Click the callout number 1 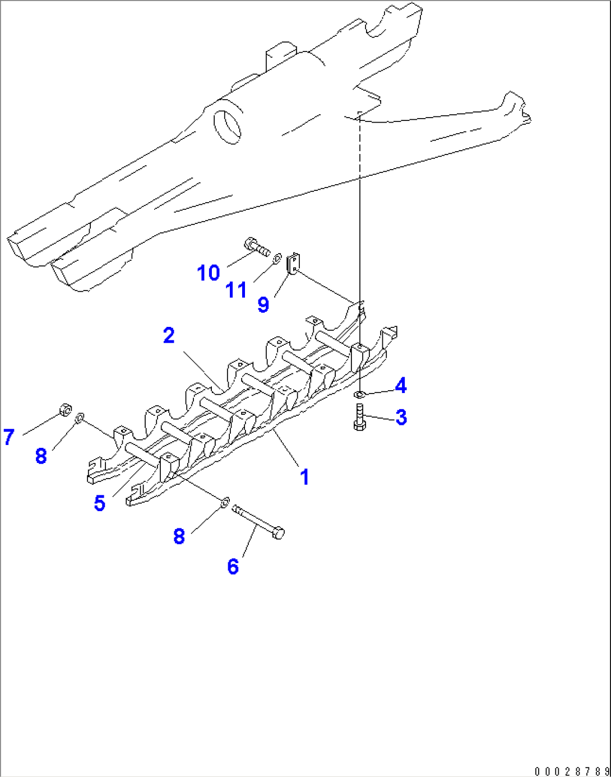click(x=304, y=478)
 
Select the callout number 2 click(x=169, y=336)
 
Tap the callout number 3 click(x=401, y=418)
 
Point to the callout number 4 click(x=400, y=386)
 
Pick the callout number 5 click(x=100, y=503)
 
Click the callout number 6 click(x=233, y=567)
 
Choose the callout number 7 click(x=8, y=437)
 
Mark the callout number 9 click(x=263, y=305)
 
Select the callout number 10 click(x=209, y=273)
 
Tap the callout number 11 click(x=236, y=291)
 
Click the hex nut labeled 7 click(x=64, y=410)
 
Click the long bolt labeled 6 click(x=258, y=522)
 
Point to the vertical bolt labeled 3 click(x=359, y=417)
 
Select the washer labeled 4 click(x=360, y=395)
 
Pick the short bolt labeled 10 click(x=257, y=246)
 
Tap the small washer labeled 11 click(x=277, y=259)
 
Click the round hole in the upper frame click(x=228, y=126)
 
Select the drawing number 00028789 click(x=571, y=771)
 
